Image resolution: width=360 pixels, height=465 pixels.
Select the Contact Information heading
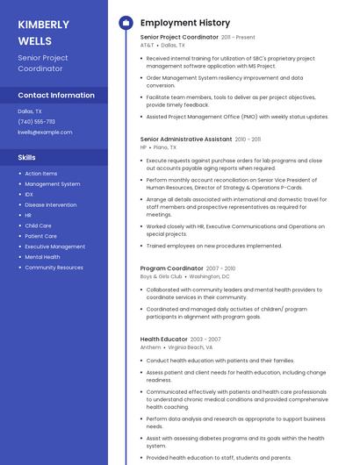point(56,95)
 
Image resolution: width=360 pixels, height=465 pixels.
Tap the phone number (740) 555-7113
point(36,122)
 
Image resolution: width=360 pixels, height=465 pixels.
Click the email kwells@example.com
point(45,132)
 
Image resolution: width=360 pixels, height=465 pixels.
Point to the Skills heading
point(27,157)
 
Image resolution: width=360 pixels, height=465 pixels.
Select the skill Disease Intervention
point(50,204)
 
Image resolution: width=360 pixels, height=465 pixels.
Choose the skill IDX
point(29,195)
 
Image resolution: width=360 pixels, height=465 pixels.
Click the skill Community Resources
point(54,268)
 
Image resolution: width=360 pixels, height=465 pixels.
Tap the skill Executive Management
point(54,247)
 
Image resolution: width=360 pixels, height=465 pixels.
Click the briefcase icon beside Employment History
point(125,23)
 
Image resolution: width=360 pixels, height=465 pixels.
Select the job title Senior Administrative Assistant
point(186,139)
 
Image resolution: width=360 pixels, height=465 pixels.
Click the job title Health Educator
point(163,339)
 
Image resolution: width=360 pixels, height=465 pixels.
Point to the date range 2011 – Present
point(238,38)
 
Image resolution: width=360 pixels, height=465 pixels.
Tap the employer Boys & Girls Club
point(161,276)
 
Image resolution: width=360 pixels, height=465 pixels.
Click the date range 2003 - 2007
point(205,339)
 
